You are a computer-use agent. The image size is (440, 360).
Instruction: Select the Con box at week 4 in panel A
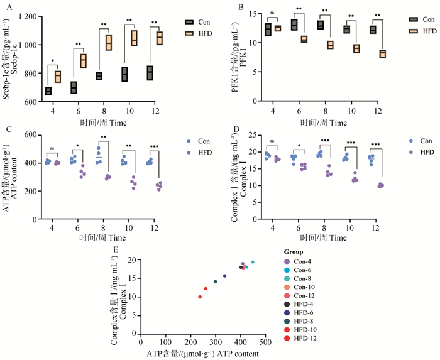tap(48, 91)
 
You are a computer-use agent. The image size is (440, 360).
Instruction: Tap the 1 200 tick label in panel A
tap(24, 16)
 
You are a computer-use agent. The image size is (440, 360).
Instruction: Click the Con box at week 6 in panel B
tap(294, 25)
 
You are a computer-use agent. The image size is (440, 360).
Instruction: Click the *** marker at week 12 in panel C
tap(155, 147)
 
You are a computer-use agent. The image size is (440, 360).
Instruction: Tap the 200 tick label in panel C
tap(30, 191)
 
